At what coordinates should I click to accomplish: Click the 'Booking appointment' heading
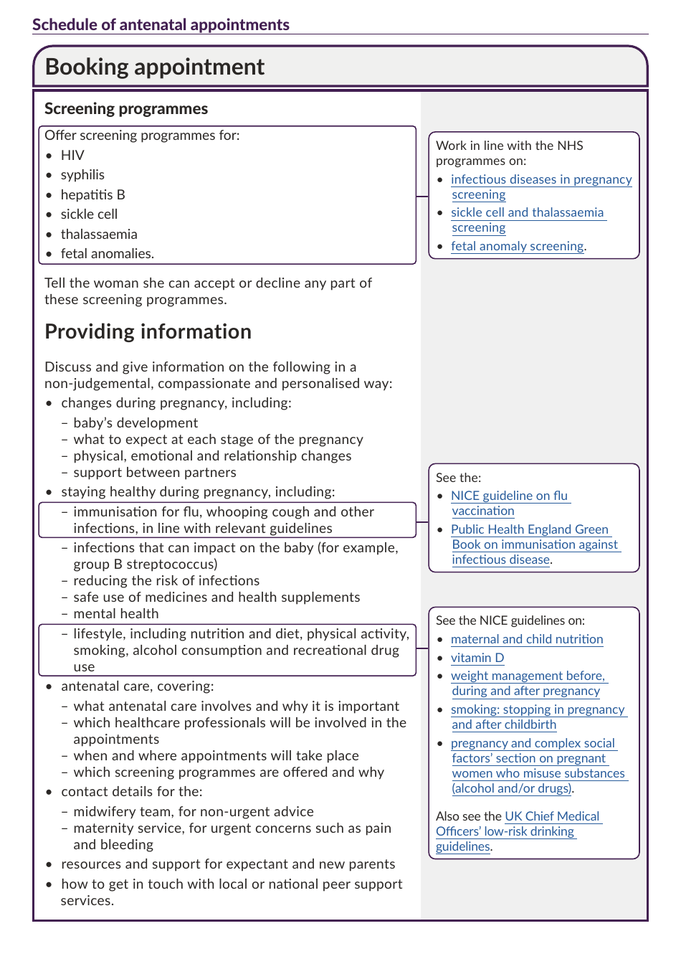coord(154,67)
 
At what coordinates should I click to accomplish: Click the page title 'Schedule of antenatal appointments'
coord(161,24)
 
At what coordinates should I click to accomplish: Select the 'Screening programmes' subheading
coord(126,108)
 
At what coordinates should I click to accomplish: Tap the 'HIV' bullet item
coord(72,155)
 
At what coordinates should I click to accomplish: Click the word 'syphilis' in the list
coord(82,174)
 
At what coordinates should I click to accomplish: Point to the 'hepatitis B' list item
coord(92,194)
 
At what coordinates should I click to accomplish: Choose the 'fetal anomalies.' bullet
coord(107,253)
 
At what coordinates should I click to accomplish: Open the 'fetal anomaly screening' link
coord(517,246)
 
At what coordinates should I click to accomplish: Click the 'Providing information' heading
coord(148,331)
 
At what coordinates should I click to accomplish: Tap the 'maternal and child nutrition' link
coord(527,639)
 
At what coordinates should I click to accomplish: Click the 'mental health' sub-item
coord(115,613)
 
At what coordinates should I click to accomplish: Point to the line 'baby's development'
coord(135,422)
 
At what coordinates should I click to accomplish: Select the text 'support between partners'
coord(154,472)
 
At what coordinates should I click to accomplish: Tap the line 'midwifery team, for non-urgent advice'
coord(193,811)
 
